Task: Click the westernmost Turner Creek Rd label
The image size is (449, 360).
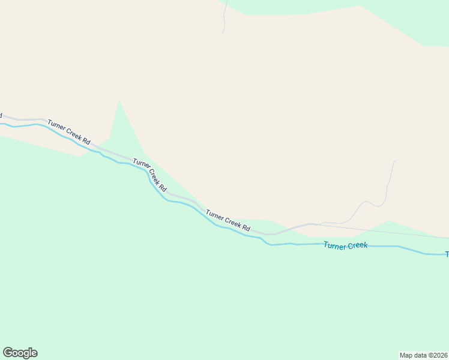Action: point(69,133)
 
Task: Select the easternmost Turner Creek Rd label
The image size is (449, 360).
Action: point(228,220)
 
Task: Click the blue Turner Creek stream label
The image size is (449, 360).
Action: point(345,245)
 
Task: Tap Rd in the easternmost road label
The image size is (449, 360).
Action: point(246,227)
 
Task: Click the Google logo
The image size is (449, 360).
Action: point(20,353)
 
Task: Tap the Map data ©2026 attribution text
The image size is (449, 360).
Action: point(423,355)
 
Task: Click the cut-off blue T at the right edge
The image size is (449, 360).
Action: point(447,254)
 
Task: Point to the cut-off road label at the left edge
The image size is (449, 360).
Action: point(1,115)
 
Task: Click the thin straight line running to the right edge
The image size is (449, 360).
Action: point(390,231)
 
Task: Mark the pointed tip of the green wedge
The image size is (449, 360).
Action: point(119,99)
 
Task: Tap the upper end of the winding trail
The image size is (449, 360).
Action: point(395,161)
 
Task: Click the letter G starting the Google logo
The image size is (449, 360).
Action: point(8,353)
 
